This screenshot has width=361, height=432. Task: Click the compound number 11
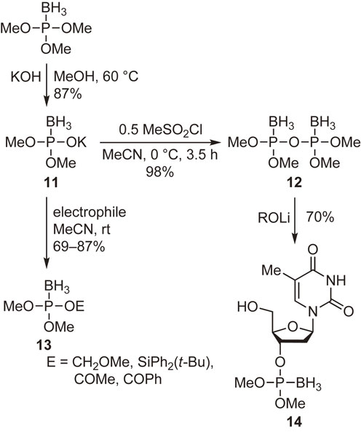click(52, 182)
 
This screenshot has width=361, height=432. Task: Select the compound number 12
click(294, 182)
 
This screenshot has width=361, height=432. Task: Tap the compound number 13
click(44, 345)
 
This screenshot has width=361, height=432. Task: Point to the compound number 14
click(294, 422)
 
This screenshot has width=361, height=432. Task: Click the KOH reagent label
click(25, 77)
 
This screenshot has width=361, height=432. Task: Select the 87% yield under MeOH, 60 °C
click(68, 94)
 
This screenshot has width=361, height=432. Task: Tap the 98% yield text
click(160, 172)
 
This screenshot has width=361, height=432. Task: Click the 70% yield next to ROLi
click(320, 218)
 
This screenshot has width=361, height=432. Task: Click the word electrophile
click(90, 212)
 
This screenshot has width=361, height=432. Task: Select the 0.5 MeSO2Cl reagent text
click(160, 130)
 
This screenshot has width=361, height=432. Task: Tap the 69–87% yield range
click(79, 246)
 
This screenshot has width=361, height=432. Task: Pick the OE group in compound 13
click(74, 307)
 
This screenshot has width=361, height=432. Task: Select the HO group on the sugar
click(248, 307)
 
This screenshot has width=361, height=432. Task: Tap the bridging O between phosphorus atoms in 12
click(294, 143)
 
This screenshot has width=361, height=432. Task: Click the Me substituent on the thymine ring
click(271, 270)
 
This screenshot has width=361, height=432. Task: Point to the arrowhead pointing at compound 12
click(217, 143)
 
